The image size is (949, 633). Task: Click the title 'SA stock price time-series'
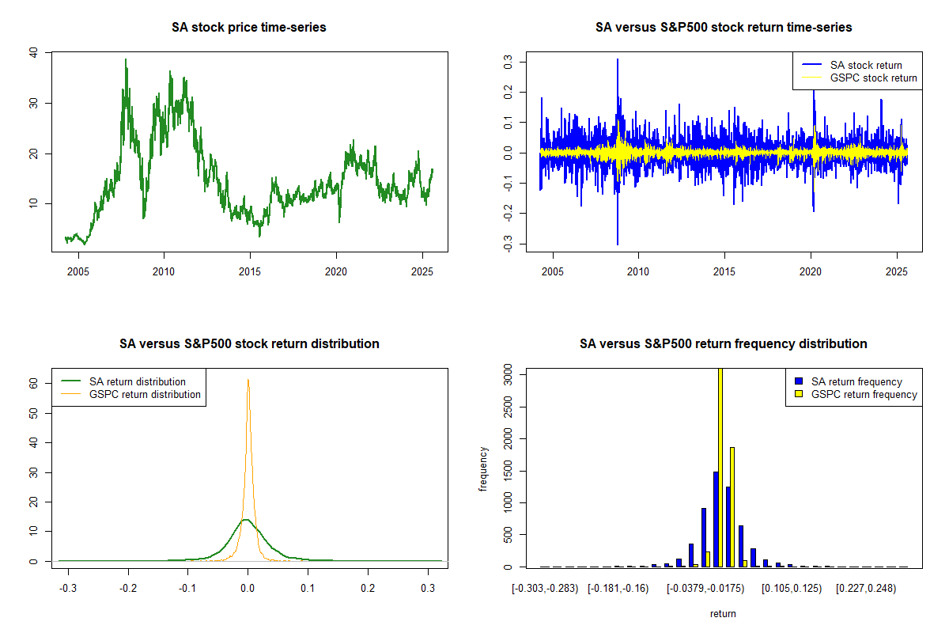point(248,28)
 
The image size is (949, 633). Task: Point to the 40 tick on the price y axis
point(32,52)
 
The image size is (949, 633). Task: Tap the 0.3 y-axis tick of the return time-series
point(507,60)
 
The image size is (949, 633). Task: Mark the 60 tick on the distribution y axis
point(34,382)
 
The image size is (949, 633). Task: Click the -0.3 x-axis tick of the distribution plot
point(69,589)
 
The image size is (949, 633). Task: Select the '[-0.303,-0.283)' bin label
point(546,589)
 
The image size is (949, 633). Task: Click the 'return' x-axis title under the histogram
point(723,613)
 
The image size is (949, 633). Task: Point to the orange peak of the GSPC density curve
point(248,381)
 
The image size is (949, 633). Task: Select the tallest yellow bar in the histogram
point(720,467)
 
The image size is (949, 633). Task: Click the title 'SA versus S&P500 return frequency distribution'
point(723,344)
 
